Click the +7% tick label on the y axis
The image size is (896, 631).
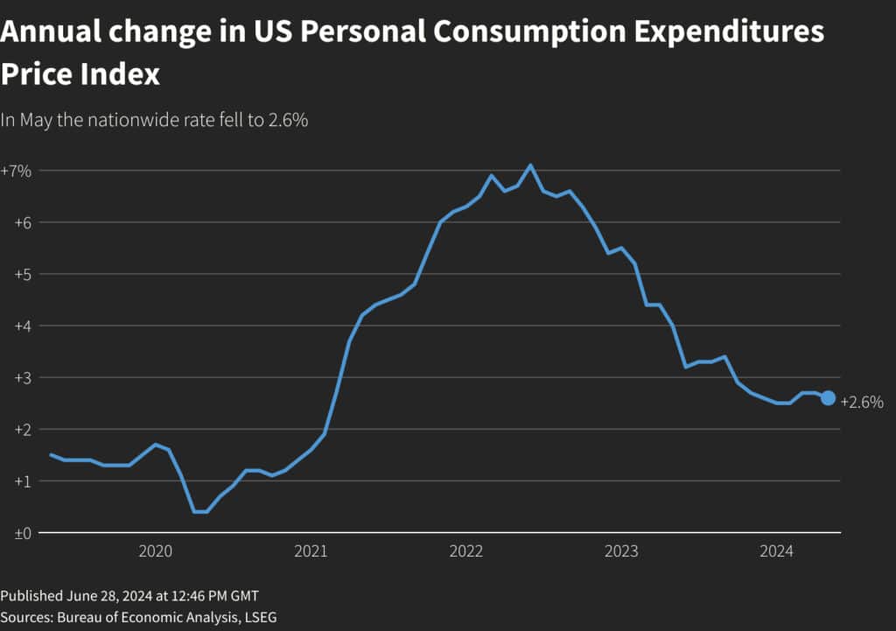(16, 171)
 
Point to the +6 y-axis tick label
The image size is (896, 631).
(22, 222)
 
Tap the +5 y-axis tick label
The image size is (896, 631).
(22, 274)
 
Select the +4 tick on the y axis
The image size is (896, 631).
(22, 326)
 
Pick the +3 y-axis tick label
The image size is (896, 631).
(22, 377)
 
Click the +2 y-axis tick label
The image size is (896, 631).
(22, 429)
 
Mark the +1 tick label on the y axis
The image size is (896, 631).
(22, 480)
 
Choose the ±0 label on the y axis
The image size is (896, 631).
(22, 532)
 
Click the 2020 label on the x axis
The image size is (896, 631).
(156, 551)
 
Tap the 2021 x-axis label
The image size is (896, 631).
(311, 551)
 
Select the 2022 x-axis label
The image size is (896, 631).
(466, 551)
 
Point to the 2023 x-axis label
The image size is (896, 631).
(621, 551)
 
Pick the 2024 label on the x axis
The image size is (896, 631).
(776, 551)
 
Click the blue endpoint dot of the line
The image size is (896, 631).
(828, 398)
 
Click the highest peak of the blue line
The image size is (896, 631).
(530, 165)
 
